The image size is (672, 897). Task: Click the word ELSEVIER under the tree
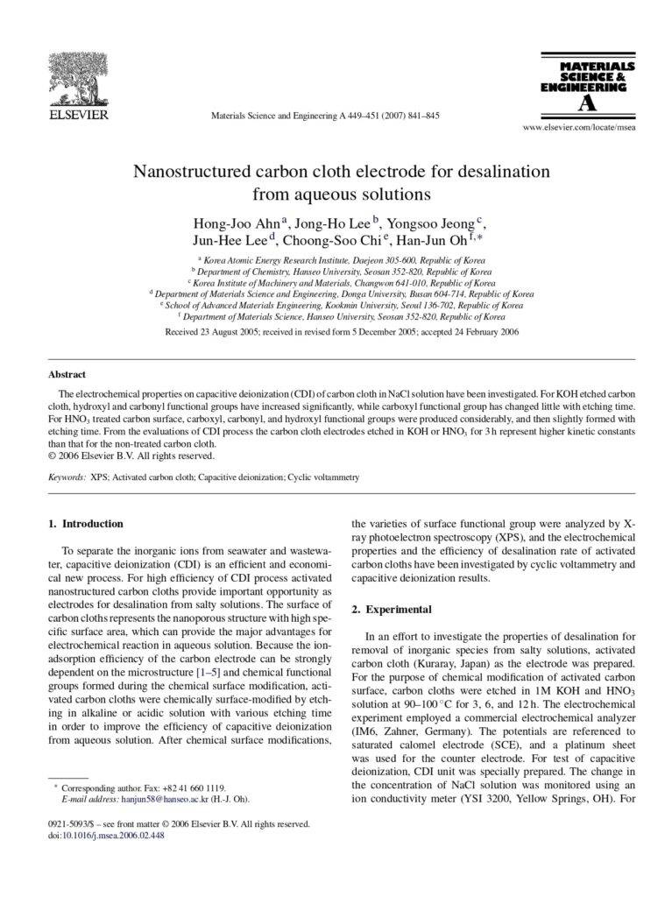[77, 114]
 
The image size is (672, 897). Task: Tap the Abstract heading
[67, 374]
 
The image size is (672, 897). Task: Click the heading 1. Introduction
[85, 524]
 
